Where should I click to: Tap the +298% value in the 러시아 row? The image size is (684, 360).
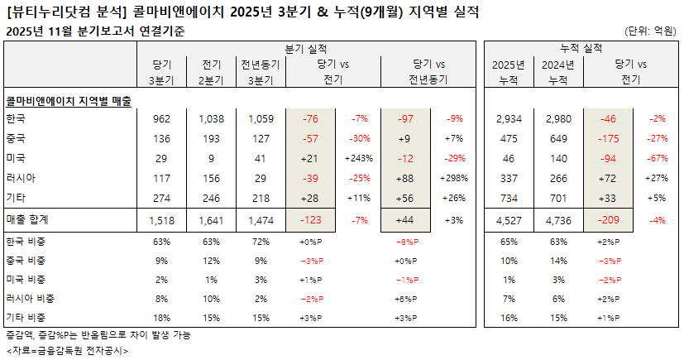pyautogui.click(x=455, y=178)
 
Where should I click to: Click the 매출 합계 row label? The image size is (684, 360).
pyautogui.click(x=29, y=219)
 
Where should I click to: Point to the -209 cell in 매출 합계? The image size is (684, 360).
pyautogui.click(x=608, y=219)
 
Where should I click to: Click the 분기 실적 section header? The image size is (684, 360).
pyautogui.click(x=305, y=49)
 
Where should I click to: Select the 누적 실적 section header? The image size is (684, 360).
pyautogui.click(x=581, y=49)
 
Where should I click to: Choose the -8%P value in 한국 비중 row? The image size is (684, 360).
pyautogui.click(x=408, y=242)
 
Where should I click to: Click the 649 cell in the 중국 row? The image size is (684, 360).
pyautogui.click(x=556, y=138)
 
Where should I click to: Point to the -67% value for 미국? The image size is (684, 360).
pyautogui.click(x=657, y=158)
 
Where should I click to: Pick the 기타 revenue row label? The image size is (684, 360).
pyautogui.click(x=16, y=198)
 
